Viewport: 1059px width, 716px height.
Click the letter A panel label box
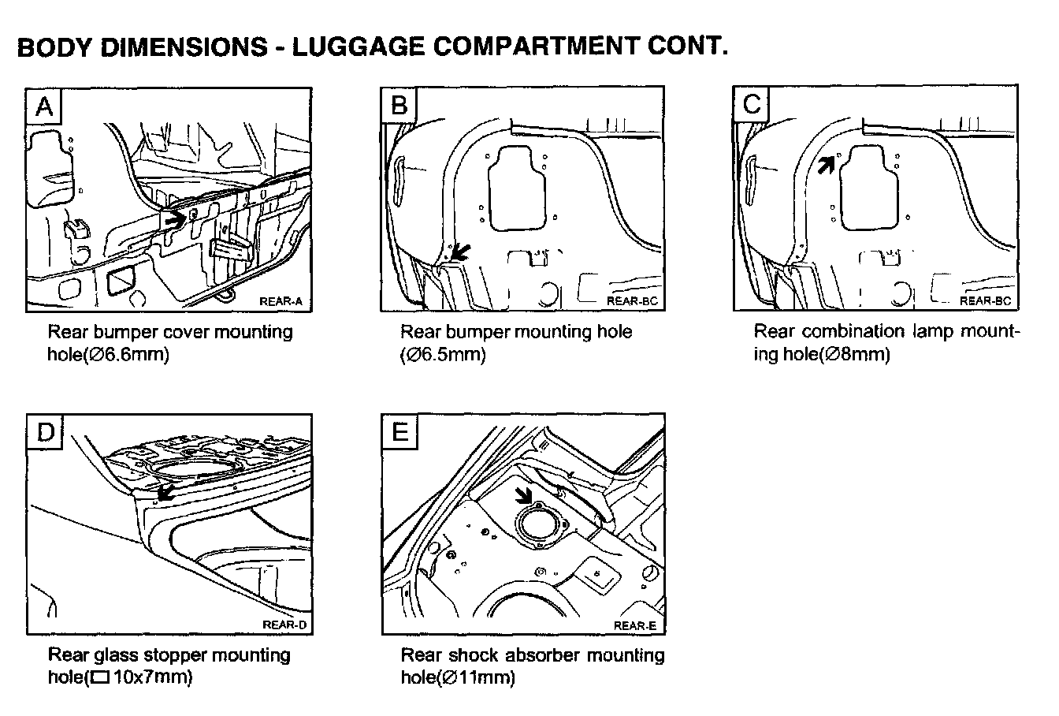pyautogui.click(x=44, y=105)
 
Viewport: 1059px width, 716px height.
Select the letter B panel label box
pyautogui.click(x=399, y=105)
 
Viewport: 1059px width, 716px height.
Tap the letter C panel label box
pyautogui.click(x=752, y=105)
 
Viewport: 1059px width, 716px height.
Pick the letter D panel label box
pyautogui.click(x=44, y=431)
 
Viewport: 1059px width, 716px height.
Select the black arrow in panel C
pyautogui.click(x=825, y=164)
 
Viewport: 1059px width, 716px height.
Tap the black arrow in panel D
pyautogui.click(x=165, y=493)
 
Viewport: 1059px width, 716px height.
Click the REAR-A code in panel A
pyautogui.click(x=279, y=301)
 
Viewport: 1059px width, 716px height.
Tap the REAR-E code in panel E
pyautogui.click(x=634, y=626)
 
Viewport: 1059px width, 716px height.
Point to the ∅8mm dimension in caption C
pyautogui.click(x=855, y=355)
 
